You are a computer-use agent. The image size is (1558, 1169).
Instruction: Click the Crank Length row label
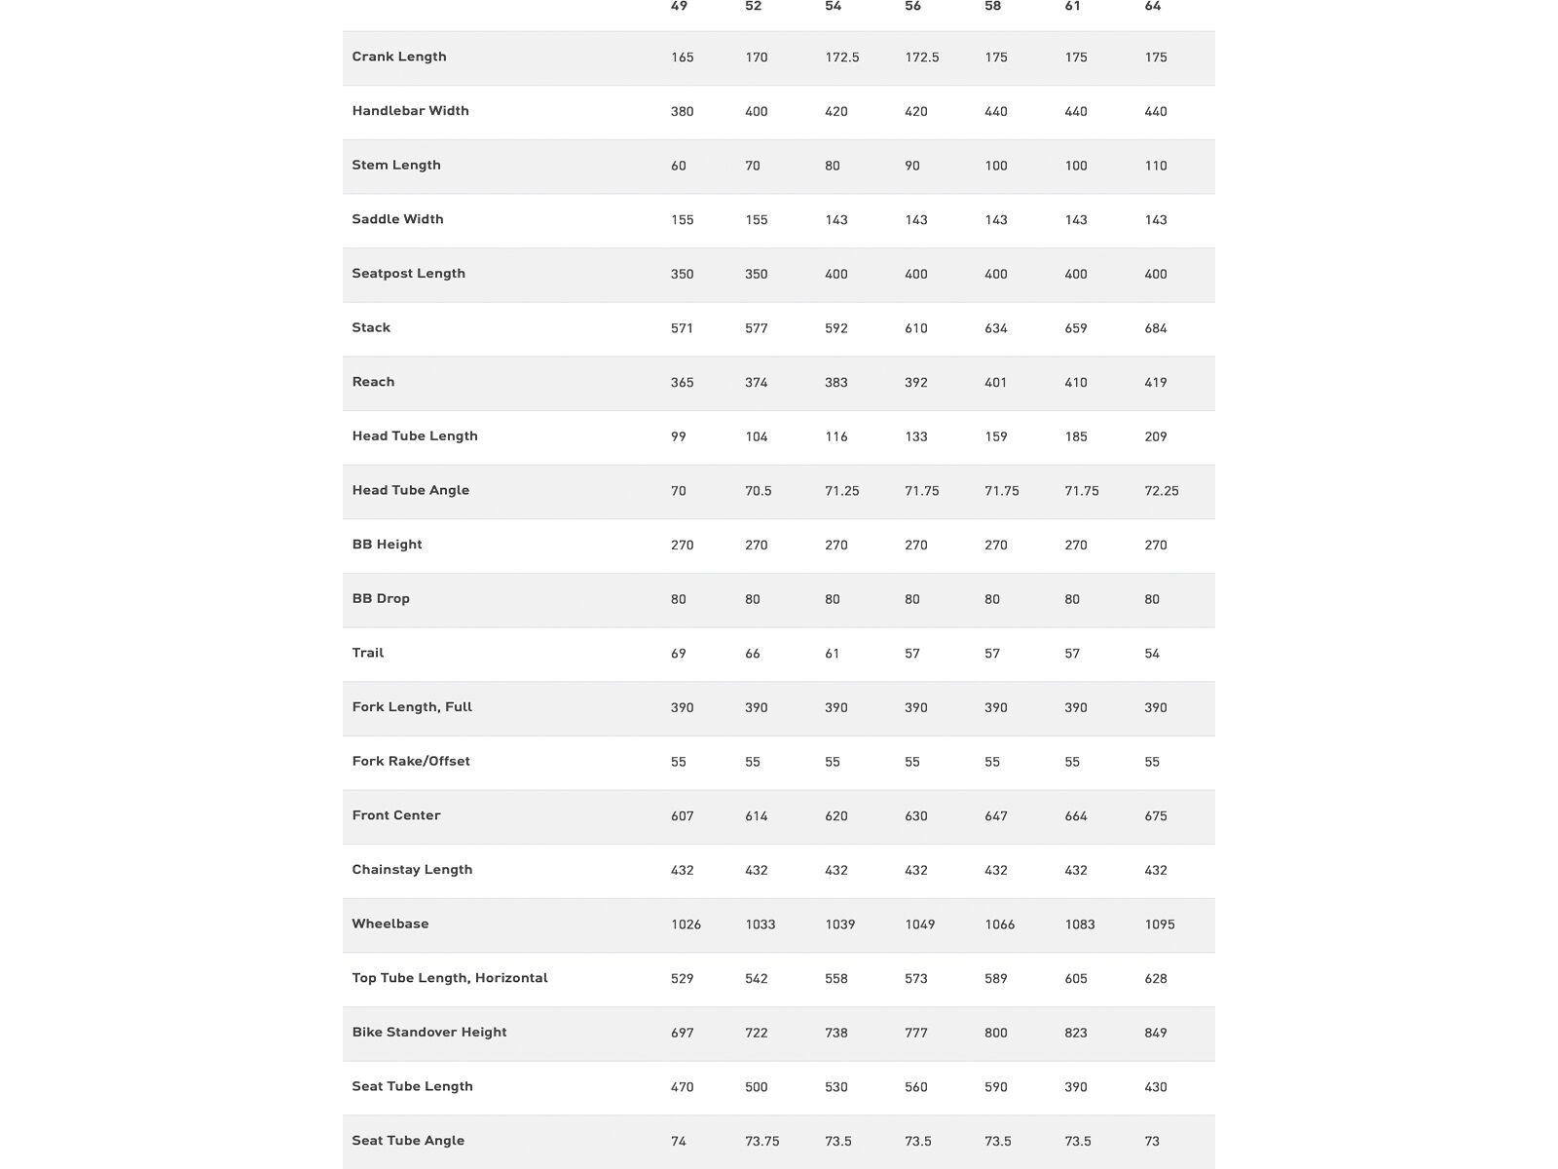coord(399,57)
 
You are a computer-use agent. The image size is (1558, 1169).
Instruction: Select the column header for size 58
coord(992,7)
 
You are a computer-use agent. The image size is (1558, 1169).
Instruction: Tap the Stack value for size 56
coord(916,328)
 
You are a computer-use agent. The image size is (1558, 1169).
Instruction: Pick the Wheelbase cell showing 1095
coord(1160,924)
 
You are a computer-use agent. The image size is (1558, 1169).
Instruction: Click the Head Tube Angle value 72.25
coord(1162,491)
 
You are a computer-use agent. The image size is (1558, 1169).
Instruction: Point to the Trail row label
coord(368,653)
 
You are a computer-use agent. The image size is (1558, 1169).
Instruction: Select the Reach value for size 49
coord(683,383)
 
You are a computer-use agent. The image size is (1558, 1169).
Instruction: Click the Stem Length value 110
coord(1156,166)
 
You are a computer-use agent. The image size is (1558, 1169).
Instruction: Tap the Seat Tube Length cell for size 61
coord(1076,1087)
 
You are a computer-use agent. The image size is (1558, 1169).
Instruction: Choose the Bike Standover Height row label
coord(429,1032)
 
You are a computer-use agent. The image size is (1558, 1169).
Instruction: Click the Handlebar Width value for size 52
coord(757,112)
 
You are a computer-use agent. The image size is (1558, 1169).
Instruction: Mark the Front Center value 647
coord(996,816)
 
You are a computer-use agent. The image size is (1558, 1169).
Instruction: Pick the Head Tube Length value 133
coord(916,437)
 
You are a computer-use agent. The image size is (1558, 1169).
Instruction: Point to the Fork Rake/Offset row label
coord(411,761)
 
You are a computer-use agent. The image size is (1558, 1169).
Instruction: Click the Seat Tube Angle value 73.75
coord(762,1142)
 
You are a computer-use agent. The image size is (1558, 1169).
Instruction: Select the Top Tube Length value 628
coord(1156,979)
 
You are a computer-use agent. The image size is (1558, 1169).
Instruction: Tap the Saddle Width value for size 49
coord(683,220)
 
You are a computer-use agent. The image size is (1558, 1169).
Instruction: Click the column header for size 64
coord(1153,7)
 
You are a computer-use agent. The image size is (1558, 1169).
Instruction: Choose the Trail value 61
coord(833,654)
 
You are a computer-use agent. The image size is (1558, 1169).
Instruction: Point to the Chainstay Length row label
coord(412,869)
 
